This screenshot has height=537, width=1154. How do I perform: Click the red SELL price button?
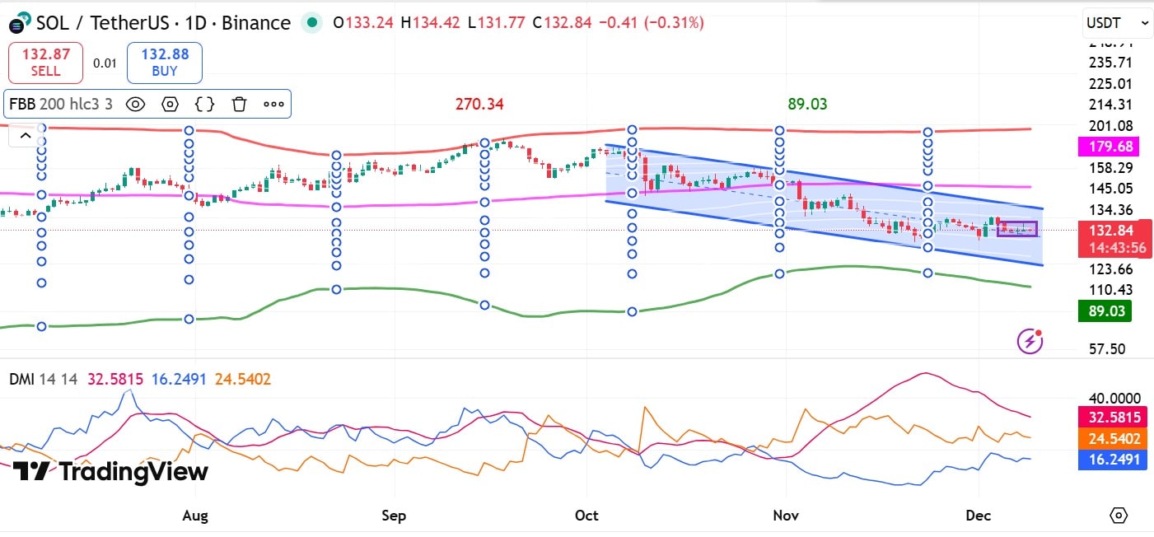coord(46,63)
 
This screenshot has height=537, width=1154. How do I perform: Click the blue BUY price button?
coord(165,63)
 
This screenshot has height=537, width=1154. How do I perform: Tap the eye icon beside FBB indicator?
coord(135,104)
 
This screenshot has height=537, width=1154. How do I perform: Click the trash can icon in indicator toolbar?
coord(239,104)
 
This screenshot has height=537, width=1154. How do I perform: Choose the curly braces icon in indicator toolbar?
coord(205,104)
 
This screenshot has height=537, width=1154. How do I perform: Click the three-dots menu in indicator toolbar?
coord(273,104)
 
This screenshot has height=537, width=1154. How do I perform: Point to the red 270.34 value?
coord(479,105)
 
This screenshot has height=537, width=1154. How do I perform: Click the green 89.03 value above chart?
coord(807,105)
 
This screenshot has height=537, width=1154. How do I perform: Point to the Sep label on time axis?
coord(394,516)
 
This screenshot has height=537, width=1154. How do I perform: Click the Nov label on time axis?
coord(786,516)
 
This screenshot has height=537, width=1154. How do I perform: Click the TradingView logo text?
coord(110,472)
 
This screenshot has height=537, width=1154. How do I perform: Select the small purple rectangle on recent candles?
coord(1017,229)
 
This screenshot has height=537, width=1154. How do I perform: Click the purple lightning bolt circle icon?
coord(1030,340)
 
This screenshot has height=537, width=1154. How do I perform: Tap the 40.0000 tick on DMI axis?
coord(1109,397)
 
